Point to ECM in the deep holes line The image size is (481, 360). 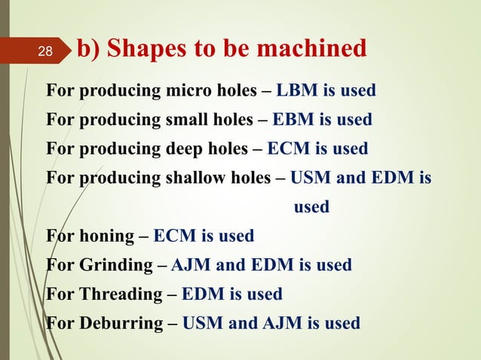[290, 148]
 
